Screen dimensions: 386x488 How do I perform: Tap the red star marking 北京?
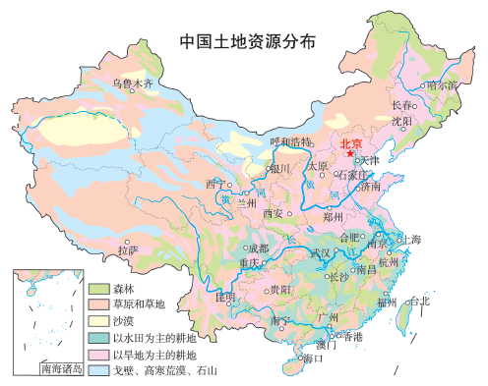click(350, 153)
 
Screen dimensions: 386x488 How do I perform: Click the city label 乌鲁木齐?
click(133, 84)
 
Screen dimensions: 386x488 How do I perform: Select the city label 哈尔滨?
click(442, 85)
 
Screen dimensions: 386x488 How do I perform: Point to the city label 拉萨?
click(128, 251)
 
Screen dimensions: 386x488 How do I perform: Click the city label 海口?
click(314, 358)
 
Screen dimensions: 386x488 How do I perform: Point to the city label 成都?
click(258, 248)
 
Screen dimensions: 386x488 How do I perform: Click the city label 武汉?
click(321, 252)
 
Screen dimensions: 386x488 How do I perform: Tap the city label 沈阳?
click(401, 122)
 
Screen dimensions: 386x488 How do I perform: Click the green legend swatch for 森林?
click(98, 290)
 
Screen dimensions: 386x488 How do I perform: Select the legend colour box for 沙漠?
click(98, 321)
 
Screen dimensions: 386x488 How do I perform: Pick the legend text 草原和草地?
click(139, 305)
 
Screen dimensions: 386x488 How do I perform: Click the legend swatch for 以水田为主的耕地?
click(98, 337)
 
